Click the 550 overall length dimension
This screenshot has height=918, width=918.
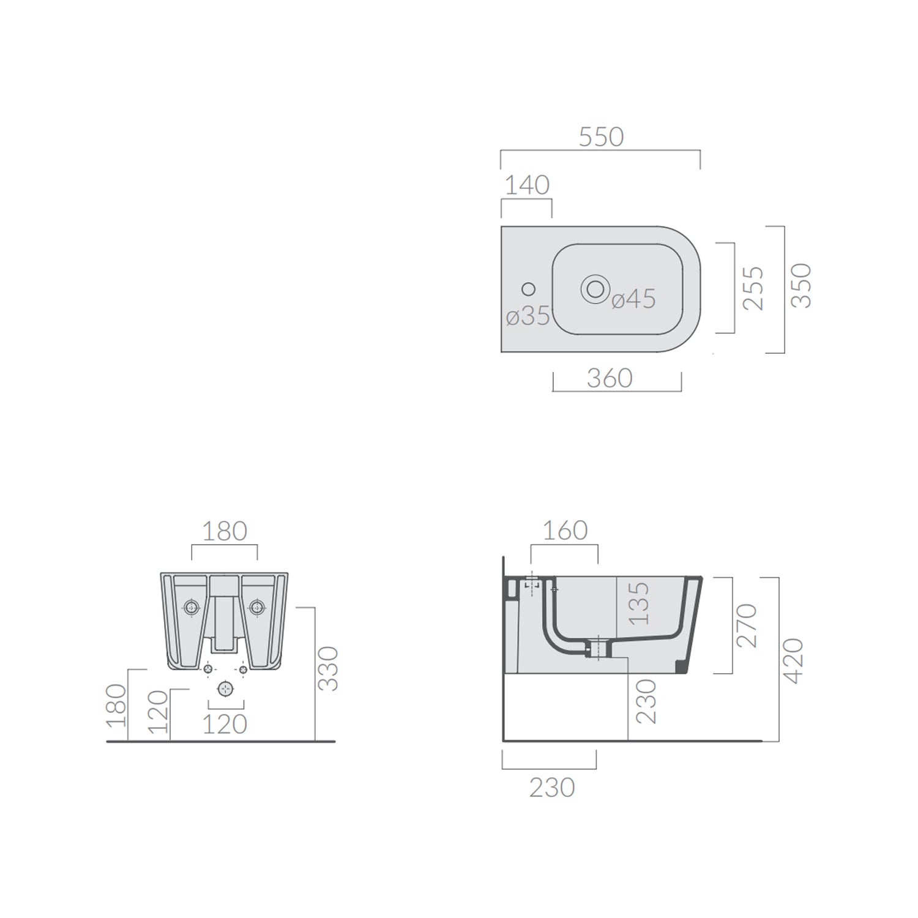(x=601, y=137)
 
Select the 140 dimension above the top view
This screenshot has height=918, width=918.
(x=527, y=185)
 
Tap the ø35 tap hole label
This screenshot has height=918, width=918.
(x=528, y=316)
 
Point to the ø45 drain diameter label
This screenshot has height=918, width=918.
(x=633, y=299)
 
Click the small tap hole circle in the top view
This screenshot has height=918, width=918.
(x=529, y=289)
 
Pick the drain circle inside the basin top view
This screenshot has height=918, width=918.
(x=595, y=288)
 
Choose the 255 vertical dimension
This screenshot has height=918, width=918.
(x=755, y=288)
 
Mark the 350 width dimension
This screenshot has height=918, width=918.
(x=801, y=286)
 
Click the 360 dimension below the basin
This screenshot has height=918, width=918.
(x=610, y=379)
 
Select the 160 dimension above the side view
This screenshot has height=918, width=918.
(x=565, y=531)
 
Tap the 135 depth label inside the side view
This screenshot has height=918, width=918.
(x=638, y=603)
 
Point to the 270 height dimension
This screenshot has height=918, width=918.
(x=747, y=625)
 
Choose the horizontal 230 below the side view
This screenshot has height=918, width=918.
(x=552, y=788)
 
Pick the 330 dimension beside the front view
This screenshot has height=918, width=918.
(x=329, y=669)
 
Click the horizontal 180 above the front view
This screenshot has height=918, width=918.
(x=225, y=531)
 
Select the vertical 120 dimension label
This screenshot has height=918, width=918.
(x=158, y=712)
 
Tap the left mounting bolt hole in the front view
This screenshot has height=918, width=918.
(x=192, y=607)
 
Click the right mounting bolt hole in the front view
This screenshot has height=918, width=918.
(x=256, y=607)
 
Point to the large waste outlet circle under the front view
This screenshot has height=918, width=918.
(x=226, y=689)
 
